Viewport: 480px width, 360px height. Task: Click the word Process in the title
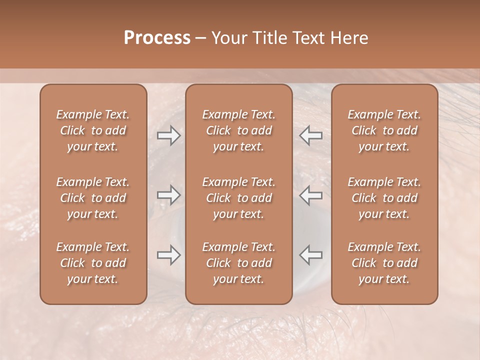(157, 38)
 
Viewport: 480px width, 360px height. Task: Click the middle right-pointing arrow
(169, 195)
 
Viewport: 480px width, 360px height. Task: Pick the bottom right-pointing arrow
(169, 255)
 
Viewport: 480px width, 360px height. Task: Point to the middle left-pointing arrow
(311, 195)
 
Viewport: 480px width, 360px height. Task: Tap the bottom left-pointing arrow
(311, 255)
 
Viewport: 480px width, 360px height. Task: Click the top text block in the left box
(93, 130)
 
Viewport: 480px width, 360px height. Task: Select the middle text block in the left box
(93, 198)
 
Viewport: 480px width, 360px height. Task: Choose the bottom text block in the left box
(93, 263)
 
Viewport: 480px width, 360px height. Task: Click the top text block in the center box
(239, 130)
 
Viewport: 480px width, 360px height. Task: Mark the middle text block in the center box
(239, 198)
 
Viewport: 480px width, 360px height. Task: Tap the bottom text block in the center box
(239, 263)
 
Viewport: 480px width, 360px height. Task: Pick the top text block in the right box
(384, 130)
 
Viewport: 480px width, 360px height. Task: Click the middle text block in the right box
(384, 198)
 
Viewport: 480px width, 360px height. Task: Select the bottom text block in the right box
(384, 263)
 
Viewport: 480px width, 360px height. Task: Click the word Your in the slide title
(227, 38)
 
